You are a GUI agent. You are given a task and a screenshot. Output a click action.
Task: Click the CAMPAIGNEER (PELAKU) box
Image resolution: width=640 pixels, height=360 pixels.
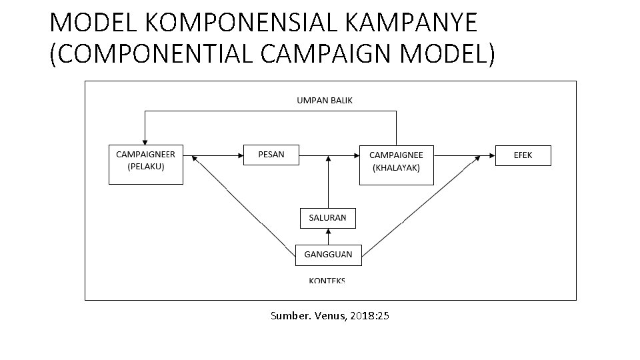tap(146, 164)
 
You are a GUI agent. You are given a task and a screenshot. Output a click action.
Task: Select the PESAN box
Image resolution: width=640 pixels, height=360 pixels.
tap(271, 155)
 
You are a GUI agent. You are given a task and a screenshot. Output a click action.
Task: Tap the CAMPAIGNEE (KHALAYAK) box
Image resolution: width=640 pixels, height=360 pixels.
tap(396, 164)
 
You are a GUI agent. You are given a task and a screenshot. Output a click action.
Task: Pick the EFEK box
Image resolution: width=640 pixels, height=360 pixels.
tap(523, 155)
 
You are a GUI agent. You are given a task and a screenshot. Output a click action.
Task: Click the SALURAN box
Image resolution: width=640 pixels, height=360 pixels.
tap(327, 218)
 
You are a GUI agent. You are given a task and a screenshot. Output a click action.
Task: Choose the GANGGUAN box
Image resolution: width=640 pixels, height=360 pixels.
tap(328, 255)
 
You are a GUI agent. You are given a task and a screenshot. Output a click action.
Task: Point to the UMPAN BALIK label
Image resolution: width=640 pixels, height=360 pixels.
tap(325, 101)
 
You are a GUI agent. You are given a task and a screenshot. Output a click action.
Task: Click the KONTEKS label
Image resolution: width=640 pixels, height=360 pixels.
tap(327, 281)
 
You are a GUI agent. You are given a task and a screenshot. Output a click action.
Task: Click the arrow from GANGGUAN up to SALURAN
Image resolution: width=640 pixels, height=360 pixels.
tap(328, 237)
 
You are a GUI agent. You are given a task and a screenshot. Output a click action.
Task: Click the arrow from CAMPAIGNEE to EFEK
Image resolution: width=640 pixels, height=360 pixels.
tap(463, 155)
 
